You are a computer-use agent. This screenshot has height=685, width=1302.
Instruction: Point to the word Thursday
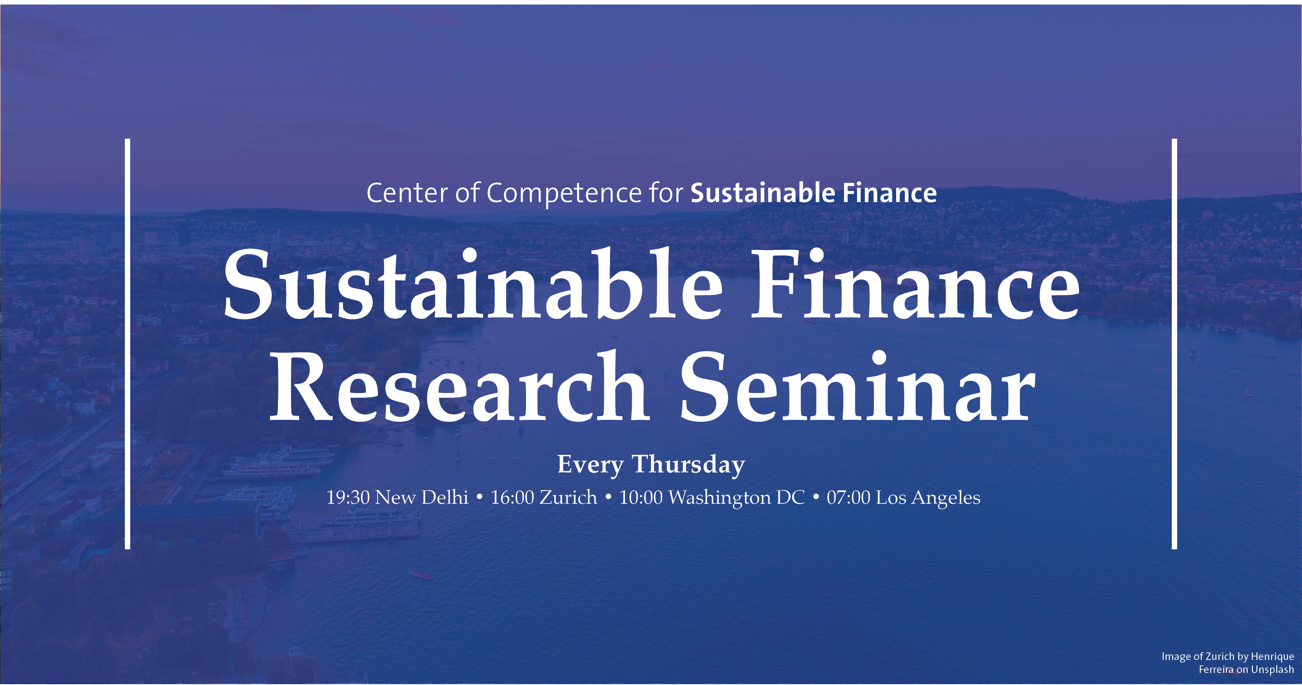coord(688,465)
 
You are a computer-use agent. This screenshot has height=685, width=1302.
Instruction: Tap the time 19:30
coord(348,498)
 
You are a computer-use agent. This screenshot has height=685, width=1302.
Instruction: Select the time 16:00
coord(513,498)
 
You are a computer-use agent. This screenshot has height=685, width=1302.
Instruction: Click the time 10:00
coord(641,498)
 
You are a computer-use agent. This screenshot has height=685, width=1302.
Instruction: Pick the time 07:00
coord(849,498)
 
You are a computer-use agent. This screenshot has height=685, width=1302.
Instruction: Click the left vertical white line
coord(128,344)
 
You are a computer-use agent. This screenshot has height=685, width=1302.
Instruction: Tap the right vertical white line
coord(1174,344)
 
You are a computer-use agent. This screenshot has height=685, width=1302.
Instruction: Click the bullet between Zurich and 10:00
coord(609,498)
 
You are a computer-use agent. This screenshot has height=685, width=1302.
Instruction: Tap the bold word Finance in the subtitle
coord(890,193)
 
